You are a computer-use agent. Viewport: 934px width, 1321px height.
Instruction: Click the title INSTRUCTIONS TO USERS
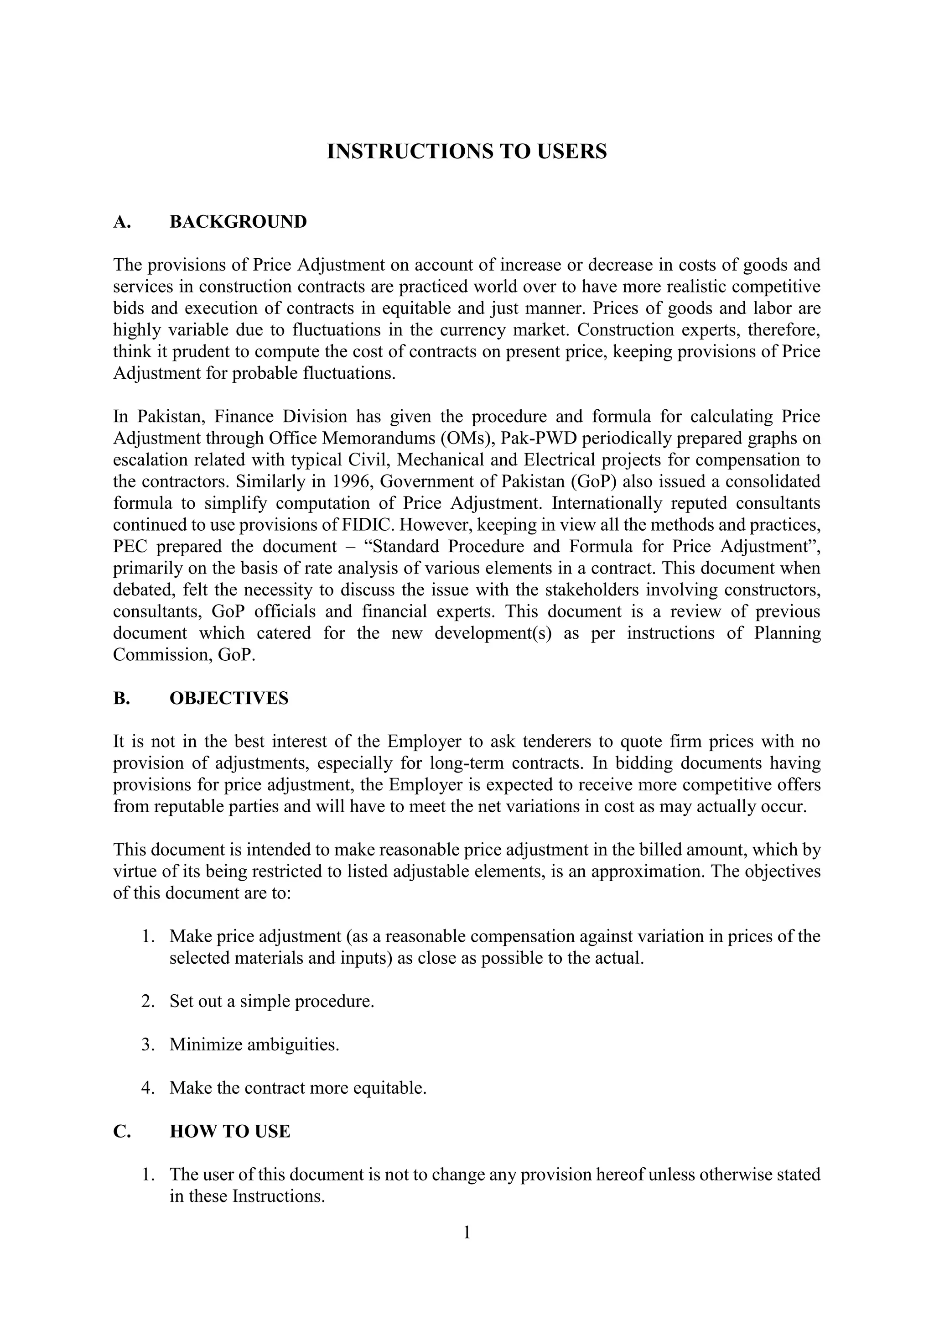(x=467, y=151)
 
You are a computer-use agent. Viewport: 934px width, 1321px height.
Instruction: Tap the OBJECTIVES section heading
(x=229, y=698)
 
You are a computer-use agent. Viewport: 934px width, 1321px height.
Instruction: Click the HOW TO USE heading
(x=230, y=1131)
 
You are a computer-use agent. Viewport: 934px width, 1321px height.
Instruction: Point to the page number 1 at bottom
(x=467, y=1232)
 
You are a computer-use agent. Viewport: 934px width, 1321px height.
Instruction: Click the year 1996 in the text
(x=350, y=481)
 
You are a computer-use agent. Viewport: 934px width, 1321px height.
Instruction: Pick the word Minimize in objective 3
(x=206, y=1044)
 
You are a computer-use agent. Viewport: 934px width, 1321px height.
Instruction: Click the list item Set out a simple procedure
(x=271, y=1001)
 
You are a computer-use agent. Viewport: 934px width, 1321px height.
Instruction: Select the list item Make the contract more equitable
(x=298, y=1087)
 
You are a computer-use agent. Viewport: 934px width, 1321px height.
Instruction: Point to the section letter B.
(x=121, y=698)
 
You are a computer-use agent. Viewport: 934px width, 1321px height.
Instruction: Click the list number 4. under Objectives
(x=148, y=1087)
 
